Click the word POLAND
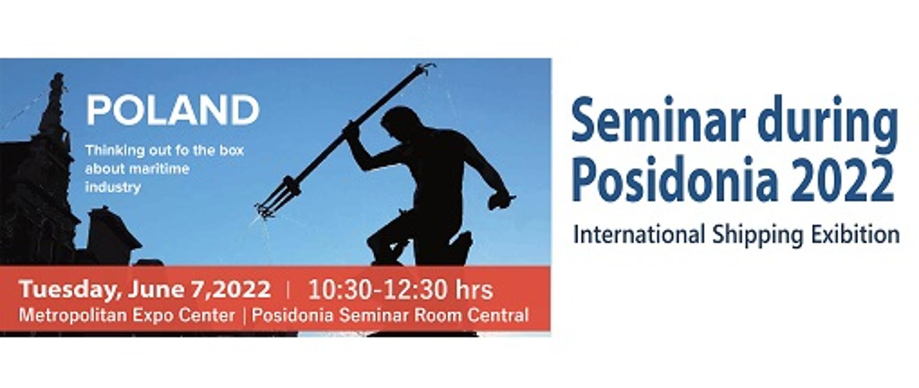(x=173, y=110)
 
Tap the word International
(x=639, y=235)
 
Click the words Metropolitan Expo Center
(x=127, y=316)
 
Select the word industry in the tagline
(x=113, y=187)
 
